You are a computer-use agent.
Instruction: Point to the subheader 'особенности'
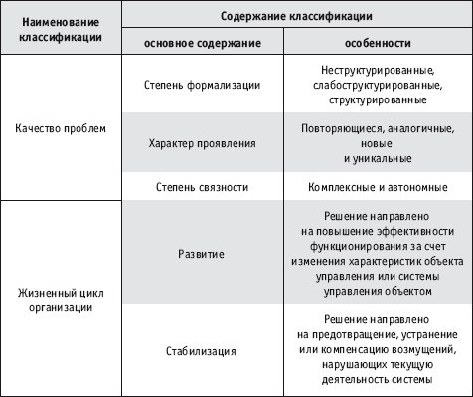point(378,46)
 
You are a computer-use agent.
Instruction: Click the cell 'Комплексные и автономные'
point(378,186)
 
